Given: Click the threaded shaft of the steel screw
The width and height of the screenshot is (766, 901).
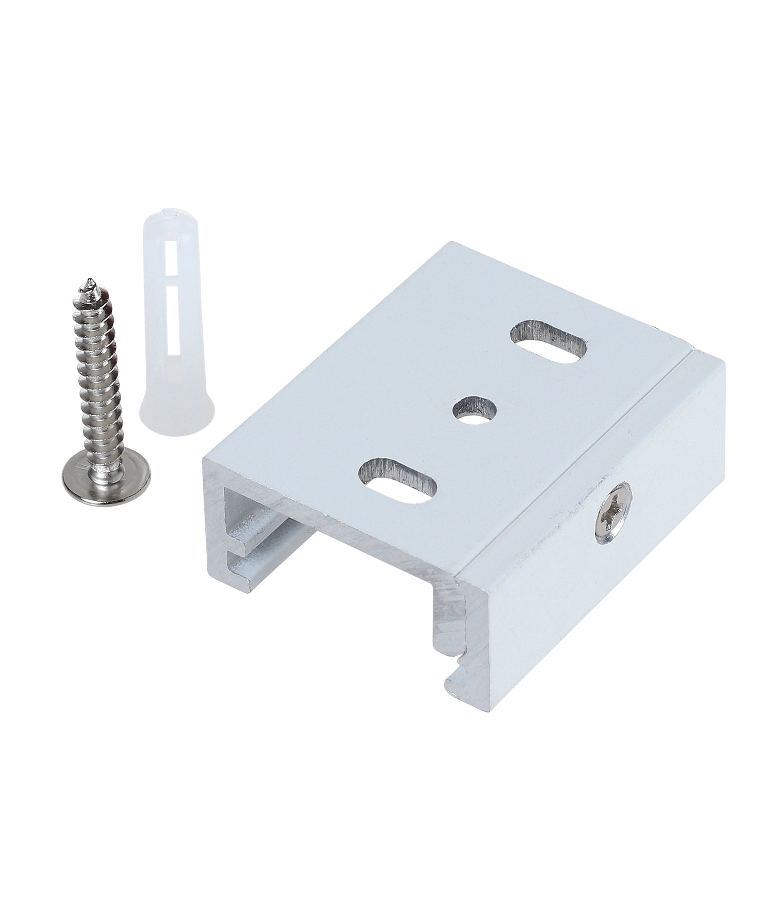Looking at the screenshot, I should point(98,370).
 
